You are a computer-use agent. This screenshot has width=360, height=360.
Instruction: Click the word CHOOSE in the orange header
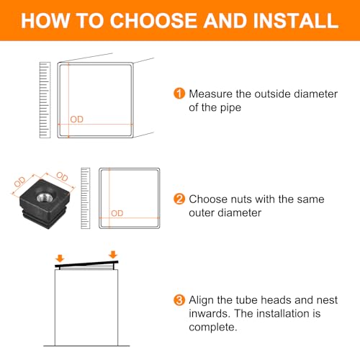154,21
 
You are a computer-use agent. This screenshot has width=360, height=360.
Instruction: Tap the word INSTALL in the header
295,21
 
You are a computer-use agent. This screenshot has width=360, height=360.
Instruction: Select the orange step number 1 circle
179,94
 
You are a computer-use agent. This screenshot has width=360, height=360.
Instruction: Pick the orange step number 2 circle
179,199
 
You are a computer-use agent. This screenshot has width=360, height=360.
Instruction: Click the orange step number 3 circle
179,300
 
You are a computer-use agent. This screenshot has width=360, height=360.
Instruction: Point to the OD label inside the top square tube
77,120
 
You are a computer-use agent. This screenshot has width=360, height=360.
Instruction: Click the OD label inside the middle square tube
117,213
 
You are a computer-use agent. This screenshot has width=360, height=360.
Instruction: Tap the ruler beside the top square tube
45,100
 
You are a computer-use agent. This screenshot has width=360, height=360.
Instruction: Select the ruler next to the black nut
86,198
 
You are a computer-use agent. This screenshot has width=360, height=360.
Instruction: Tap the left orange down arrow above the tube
60,258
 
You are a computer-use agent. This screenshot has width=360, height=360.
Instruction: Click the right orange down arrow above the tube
113,254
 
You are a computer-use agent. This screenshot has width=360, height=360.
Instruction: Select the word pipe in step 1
230,108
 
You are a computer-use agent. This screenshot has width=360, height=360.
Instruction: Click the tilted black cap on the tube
86,265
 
